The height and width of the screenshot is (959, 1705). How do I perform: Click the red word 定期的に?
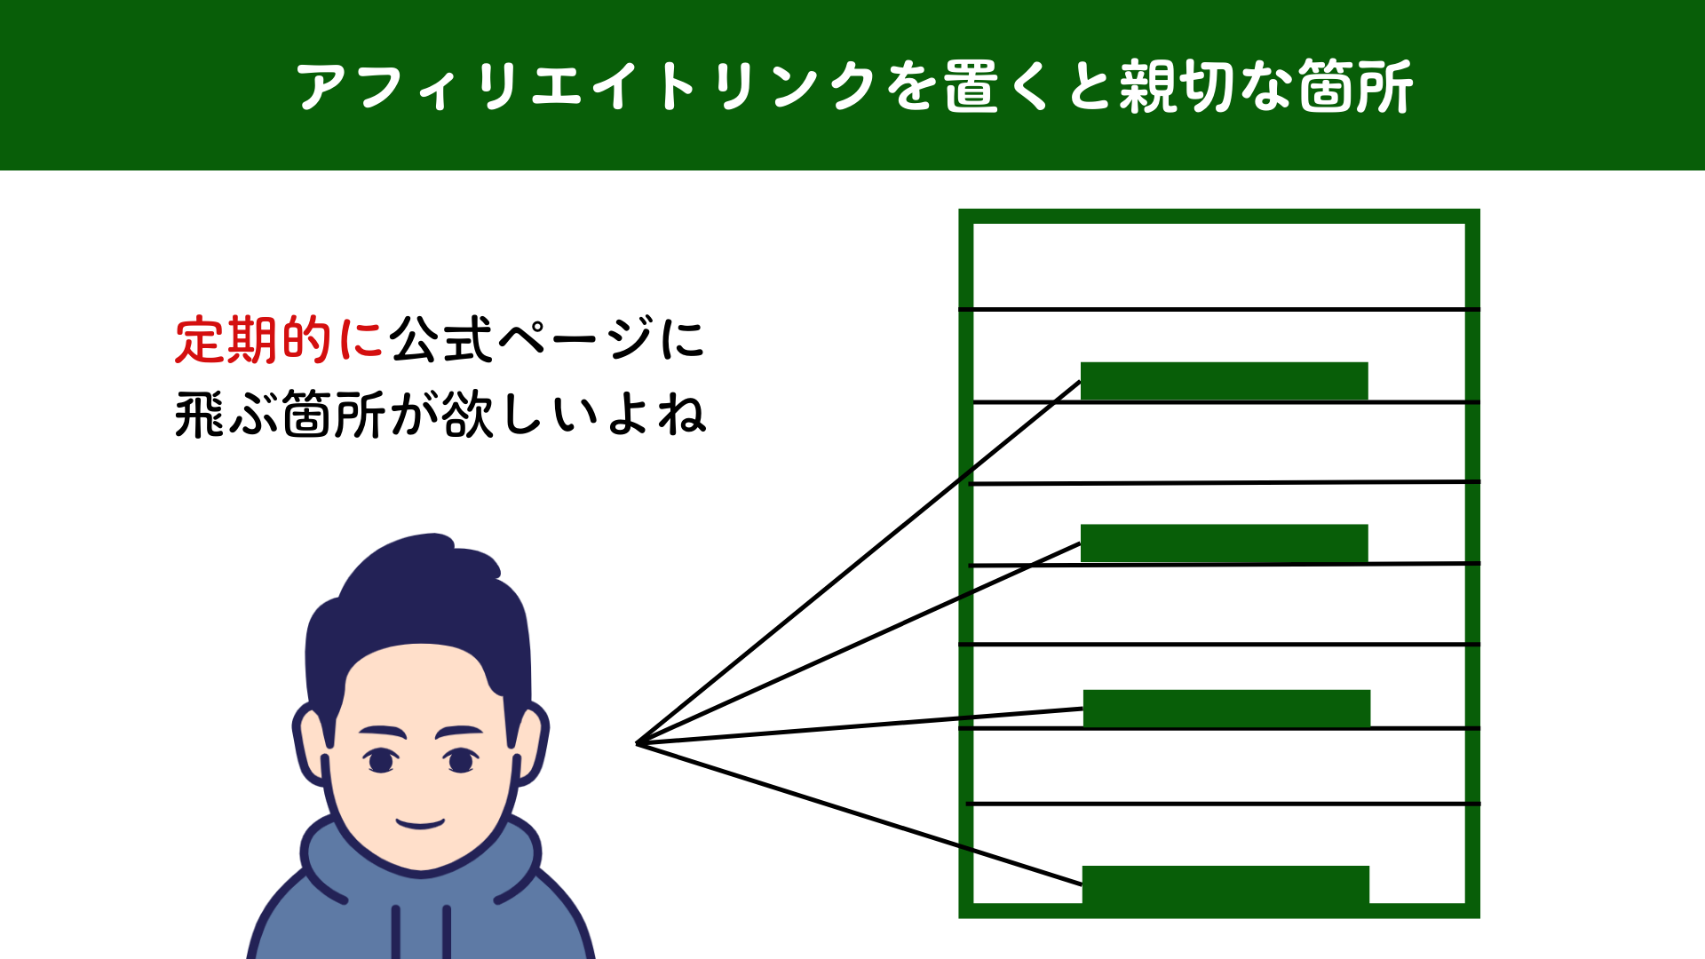pyautogui.click(x=279, y=340)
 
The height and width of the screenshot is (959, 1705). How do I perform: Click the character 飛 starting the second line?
pyautogui.click(x=200, y=416)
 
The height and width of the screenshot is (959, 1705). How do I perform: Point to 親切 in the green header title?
pyautogui.click(x=1178, y=87)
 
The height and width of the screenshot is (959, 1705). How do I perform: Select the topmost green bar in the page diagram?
pyautogui.click(x=1224, y=381)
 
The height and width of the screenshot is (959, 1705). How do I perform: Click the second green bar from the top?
pyautogui.click(x=1224, y=543)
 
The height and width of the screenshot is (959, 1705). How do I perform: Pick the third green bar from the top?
pyautogui.click(x=1226, y=708)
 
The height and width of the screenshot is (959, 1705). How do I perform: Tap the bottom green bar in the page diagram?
pyautogui.click(x=1225, y=884)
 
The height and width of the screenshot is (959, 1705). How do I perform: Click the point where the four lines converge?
pyautogui.click(x=638, y=743)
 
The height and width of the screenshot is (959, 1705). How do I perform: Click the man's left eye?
pyautogui.click(x=381, y=761)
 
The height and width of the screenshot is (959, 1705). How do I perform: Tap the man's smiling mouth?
pyautogui.click(x=420, y=823)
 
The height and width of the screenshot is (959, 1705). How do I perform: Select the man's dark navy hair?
pyautogui.click(x=417, y=595)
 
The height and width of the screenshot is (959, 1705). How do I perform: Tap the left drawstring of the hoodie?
pyautogui.click(x=396, y=932)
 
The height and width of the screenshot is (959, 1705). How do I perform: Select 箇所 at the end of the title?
pyautogui.click(x=1355, y=87)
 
